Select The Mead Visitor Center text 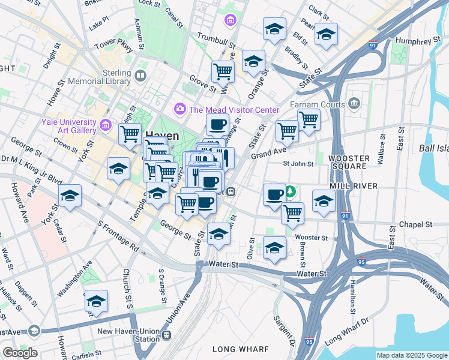[x=234, y=110]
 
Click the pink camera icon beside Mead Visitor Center [x=179, y=109]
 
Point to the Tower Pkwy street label [x=113, y=47]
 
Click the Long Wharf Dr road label [x=346, y=335]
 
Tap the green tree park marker [x=291, y=191]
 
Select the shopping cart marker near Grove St [x=223, y=71]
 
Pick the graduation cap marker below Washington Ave [x=96, y=302]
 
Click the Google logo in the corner [x=20, y=352]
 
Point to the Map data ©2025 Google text [x=411, y=355]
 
